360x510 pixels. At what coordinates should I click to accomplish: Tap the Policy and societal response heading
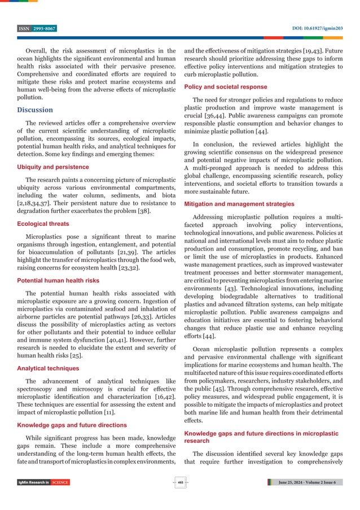click(226, 87)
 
